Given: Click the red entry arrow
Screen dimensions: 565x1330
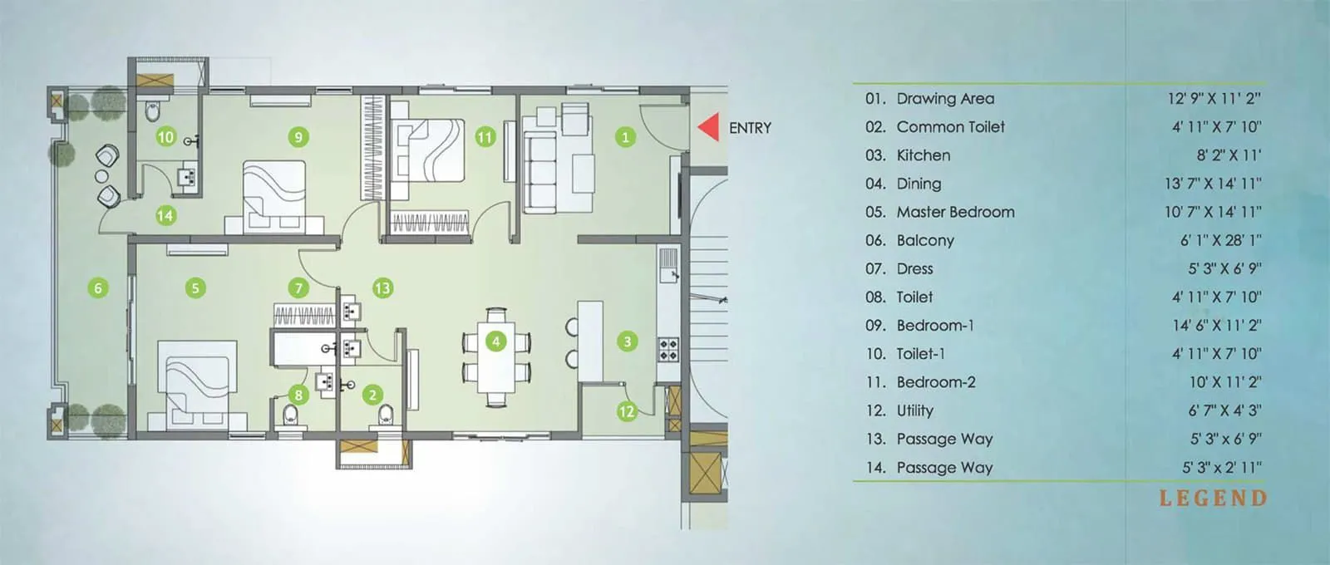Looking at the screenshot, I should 708,127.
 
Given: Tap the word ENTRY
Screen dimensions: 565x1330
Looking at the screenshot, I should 750,128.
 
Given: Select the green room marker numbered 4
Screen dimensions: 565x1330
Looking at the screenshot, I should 496,341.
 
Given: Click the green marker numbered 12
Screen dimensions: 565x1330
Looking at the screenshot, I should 626,411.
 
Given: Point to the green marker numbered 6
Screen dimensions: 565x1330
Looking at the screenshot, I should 98,288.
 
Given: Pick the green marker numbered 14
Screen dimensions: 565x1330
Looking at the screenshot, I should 165,216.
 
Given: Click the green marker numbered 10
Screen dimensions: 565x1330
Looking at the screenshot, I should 165,137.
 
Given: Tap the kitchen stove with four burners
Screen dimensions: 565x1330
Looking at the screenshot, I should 668,349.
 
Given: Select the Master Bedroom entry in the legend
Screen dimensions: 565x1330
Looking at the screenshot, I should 954,212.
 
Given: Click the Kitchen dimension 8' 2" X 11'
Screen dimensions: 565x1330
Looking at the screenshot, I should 1228,155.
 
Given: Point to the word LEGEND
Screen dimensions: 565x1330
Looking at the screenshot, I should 1213,499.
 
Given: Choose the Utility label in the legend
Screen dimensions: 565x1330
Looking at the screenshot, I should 914,410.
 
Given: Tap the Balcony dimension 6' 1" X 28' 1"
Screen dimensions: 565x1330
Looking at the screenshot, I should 1219,240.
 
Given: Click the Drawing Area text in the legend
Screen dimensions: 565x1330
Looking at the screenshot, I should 944,98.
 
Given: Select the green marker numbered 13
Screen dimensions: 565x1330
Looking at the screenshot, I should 382,288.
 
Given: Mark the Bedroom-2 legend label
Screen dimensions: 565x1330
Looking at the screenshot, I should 935,382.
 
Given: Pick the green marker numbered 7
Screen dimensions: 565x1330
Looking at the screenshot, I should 298,288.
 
